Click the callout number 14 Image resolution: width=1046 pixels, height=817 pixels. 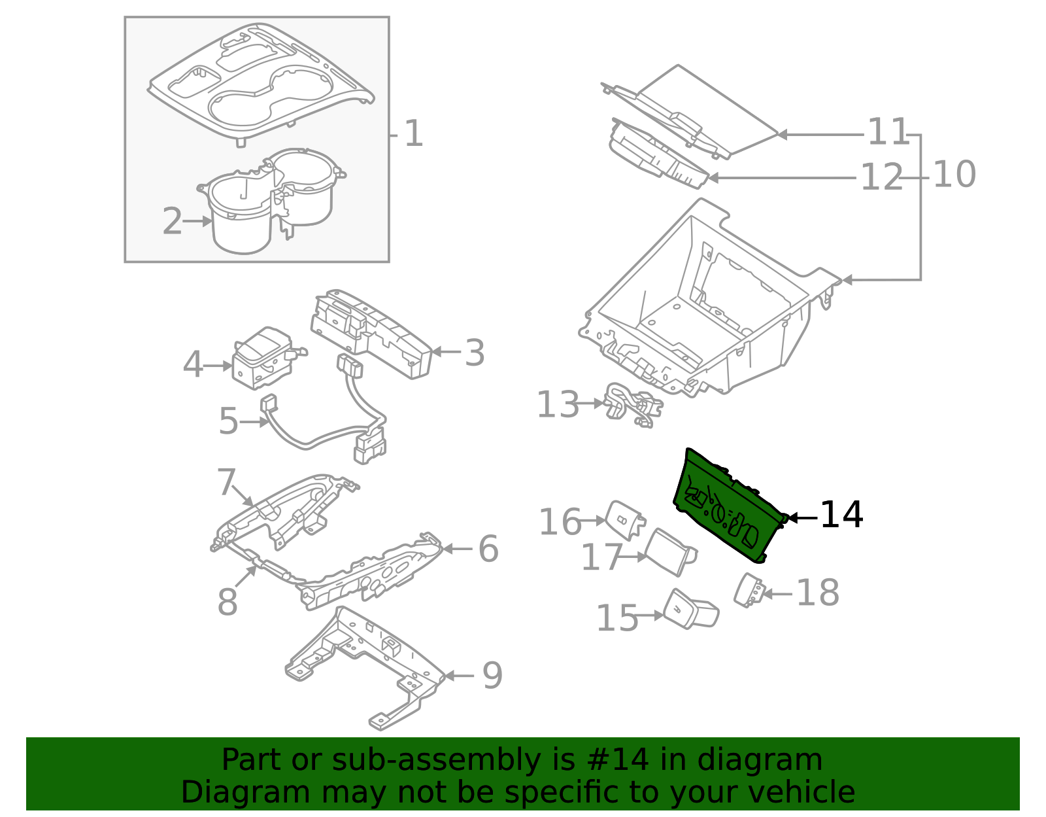[841, 515]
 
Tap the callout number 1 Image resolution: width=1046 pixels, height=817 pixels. [413, 134]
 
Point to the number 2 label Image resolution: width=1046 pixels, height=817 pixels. [172, 222]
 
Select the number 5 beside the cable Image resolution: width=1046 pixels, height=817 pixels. [228, 421]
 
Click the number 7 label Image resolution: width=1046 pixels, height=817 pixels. [226, 483]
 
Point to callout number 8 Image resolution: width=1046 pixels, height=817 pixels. [227, 602]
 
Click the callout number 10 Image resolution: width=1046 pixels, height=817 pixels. [954, 175]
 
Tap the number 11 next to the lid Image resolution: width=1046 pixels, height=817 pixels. [888, 133]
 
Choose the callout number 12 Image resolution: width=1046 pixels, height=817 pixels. [881, 178]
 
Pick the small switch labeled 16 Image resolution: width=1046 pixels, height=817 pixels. [624, 520]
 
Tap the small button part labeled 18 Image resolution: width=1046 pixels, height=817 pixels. [749, 590]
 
